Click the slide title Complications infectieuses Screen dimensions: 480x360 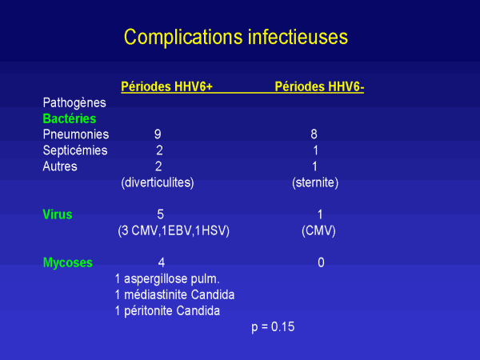(x=236, y=38)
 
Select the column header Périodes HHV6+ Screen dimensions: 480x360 (x=167, y=86)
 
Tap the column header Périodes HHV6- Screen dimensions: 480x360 (x=319, y=86)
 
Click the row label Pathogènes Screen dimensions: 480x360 (x=74, y=103)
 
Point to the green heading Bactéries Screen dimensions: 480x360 (x=70, y=118)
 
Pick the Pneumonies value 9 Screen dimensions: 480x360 (x=158, y=134)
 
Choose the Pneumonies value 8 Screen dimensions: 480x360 (x=314, y=134)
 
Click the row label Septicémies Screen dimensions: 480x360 (x=75, y=150)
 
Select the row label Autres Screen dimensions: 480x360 (x=60, y=166)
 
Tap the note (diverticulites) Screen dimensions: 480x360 (x=158, y=182)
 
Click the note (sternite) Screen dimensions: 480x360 (x=315, y=182)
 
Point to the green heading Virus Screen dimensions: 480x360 (x=58, y=214)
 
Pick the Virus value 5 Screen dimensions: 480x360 (x=161, y=214)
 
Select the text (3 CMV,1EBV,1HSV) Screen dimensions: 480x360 (x=174, y=230)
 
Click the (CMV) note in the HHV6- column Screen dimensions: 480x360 (x=318, y=230)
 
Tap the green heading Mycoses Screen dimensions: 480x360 (x=68, y=263)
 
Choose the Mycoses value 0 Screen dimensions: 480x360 (x=321, y=262)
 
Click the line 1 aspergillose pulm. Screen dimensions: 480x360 (x=167, y=279)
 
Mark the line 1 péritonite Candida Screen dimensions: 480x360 (x=167, y=311)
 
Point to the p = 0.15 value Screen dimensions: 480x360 (x=273, y=327)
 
